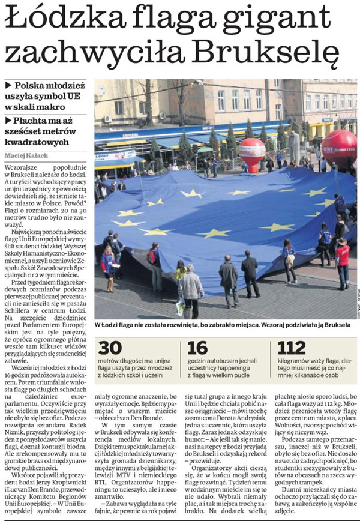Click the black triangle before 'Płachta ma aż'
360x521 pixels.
(x=8, y=120)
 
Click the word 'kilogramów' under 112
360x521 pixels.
(x=296, y=362)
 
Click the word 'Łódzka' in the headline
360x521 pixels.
(x=55, y=20)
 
